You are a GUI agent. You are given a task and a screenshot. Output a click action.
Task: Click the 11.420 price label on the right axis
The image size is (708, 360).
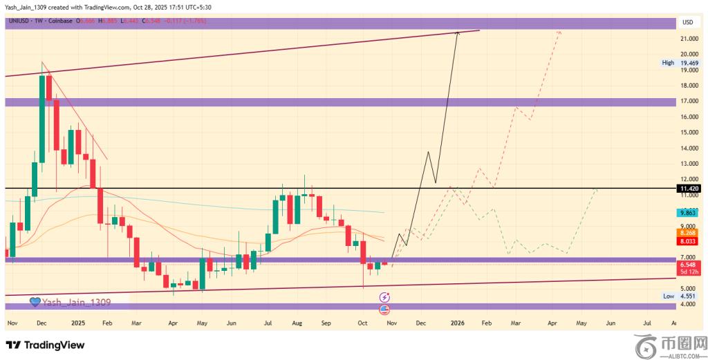click(x=689, y=188)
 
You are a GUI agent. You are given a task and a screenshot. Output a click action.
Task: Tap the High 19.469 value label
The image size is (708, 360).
click(x=689, y=62)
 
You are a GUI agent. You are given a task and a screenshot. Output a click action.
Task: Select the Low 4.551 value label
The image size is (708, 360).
click(x=689, y=296)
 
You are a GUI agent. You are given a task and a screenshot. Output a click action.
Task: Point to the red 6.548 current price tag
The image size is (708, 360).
click(x=689, y=265)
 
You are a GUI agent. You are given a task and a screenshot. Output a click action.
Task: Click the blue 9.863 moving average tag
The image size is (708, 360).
click(x=689, y=214)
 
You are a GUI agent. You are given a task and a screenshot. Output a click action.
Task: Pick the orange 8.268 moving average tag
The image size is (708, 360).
click(x=689, y=234)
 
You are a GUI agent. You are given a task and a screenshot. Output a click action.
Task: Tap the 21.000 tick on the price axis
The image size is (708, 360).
click(x=689, y=39)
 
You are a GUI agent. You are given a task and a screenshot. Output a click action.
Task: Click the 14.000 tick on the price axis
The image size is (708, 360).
click(x=689, y=148)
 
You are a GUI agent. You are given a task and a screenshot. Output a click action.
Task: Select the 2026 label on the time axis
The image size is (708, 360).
click(x=457, y=323)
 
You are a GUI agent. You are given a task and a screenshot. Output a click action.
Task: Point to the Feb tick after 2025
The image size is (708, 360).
click(x=107, y=323)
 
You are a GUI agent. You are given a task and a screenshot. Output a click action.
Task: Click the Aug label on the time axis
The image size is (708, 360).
click(x=297, y=323)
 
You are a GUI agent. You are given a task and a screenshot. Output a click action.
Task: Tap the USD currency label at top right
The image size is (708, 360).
click(x=688, y=22)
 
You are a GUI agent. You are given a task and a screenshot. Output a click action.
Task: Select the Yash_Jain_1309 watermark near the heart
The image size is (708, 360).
click(x=75, y=302)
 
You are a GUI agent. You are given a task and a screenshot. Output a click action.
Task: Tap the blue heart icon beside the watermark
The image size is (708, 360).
click(x=35, y=302)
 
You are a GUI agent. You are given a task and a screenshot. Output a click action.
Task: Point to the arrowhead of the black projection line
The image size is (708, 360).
click(x=458, y=33)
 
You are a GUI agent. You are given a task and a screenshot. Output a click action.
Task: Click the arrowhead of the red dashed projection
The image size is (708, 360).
click(x=559, y=32)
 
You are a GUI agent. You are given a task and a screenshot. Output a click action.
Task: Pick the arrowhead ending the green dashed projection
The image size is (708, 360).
click(x=596, y=189)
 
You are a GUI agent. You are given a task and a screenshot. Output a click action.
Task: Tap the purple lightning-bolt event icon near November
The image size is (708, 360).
click(x=385, y=296)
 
